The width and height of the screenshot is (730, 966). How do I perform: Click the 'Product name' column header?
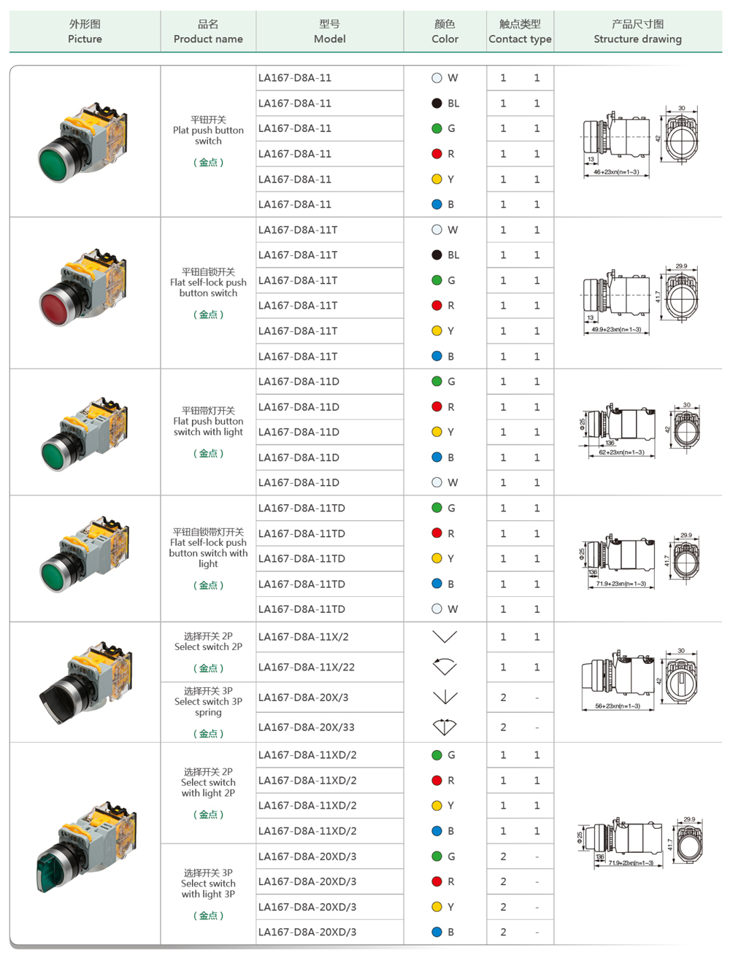click(208, 32)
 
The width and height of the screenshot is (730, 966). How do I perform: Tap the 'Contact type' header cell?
click(520, 32)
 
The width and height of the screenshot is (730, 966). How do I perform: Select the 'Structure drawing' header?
click(637, 32)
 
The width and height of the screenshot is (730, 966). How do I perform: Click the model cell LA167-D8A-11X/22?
click(307, 667)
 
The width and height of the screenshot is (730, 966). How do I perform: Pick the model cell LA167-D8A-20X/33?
click(307, 727)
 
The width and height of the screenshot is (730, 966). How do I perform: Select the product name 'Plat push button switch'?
click(208, 131)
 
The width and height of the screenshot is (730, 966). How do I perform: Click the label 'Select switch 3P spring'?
click(208, 702)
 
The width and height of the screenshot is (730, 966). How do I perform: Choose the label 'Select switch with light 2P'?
click(208, 783)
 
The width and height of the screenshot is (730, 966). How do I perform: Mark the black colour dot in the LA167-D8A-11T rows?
click(437, 255)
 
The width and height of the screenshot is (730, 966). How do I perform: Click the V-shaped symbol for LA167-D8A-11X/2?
click(445, 637)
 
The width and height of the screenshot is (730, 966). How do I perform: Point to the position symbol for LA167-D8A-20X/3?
click(445, 698)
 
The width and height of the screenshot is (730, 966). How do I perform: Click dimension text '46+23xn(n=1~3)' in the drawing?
click(616, 172)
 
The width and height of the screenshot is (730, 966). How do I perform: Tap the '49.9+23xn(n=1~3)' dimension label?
click(616, 330)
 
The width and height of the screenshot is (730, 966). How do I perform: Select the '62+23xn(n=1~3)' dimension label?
click(621, 452)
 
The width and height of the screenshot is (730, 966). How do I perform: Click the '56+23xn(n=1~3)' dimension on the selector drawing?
click(618, 706)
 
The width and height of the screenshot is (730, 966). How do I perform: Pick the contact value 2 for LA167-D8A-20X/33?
click(503, 727)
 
